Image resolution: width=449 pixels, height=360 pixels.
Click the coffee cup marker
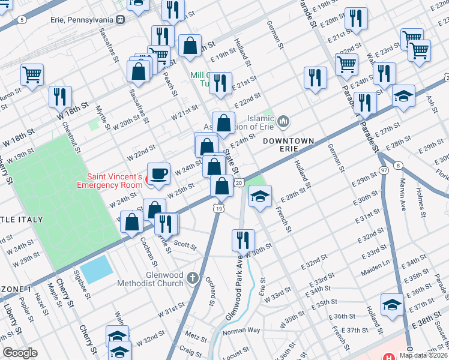(x=158, y=174)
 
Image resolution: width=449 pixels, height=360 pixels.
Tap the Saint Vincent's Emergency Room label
(x=114, y=181)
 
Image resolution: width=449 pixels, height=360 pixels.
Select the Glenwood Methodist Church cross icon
(x=192, y=277)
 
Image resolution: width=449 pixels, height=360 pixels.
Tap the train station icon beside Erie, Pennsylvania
(x=121, y=19)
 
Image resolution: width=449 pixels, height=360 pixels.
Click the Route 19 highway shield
(x=219, y=208)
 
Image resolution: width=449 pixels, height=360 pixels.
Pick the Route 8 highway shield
(x=397, y=165)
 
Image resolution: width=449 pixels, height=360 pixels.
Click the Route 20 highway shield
(x=238, y=182)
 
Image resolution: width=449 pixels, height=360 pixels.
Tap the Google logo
(x=20, y=353)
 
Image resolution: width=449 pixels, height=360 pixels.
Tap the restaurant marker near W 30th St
(x=242, y=240)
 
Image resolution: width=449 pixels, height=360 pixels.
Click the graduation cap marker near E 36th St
(x=392, y=304)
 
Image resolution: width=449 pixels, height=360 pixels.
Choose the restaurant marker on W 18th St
(x=60, y=97)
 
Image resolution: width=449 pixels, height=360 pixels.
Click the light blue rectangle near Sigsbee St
(x=95, y=269)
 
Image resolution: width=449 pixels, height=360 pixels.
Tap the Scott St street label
(x=185, y=244)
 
